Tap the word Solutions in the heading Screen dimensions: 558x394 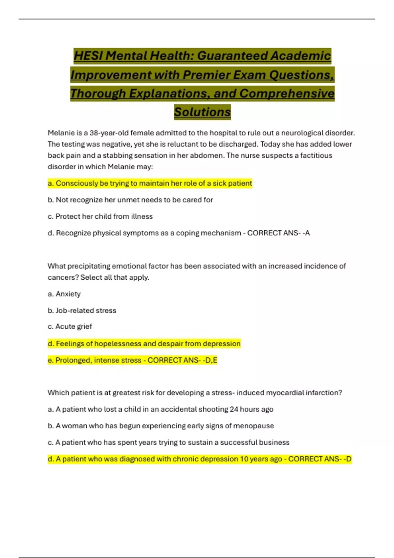(x=202, y=112)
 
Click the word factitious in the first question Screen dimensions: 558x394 (x=316, y=155)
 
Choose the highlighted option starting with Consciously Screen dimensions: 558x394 (x=150, y=183)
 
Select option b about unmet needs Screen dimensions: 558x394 (x=130, y=200)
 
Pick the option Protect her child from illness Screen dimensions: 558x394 (x=100, y=216)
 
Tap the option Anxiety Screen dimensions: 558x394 (x=64, y=294)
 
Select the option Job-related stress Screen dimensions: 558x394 (x=82, y=311)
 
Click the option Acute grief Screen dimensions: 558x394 (x=70, y=327)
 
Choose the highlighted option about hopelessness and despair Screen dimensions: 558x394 (x=144, y=344)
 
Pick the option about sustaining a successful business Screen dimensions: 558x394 (x=169, y=442)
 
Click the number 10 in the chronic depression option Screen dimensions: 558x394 (x=244, y=459)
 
